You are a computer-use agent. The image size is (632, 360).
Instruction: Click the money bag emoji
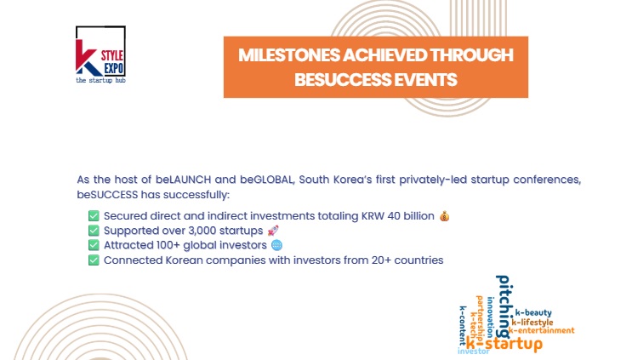tap(444, 215)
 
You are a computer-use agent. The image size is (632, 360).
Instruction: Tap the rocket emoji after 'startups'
tap(272, 231)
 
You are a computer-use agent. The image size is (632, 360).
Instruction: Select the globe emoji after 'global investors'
tap(276, 245)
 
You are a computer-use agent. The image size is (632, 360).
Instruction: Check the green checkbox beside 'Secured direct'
tap(94, 215)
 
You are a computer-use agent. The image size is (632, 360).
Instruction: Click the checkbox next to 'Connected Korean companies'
tap(94, 260)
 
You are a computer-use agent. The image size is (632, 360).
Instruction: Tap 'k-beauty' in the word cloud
tap(533, 313)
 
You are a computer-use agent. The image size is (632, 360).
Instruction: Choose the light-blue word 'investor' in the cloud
tap(474, 351)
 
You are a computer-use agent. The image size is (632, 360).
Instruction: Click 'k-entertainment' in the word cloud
tap(543, 330)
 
